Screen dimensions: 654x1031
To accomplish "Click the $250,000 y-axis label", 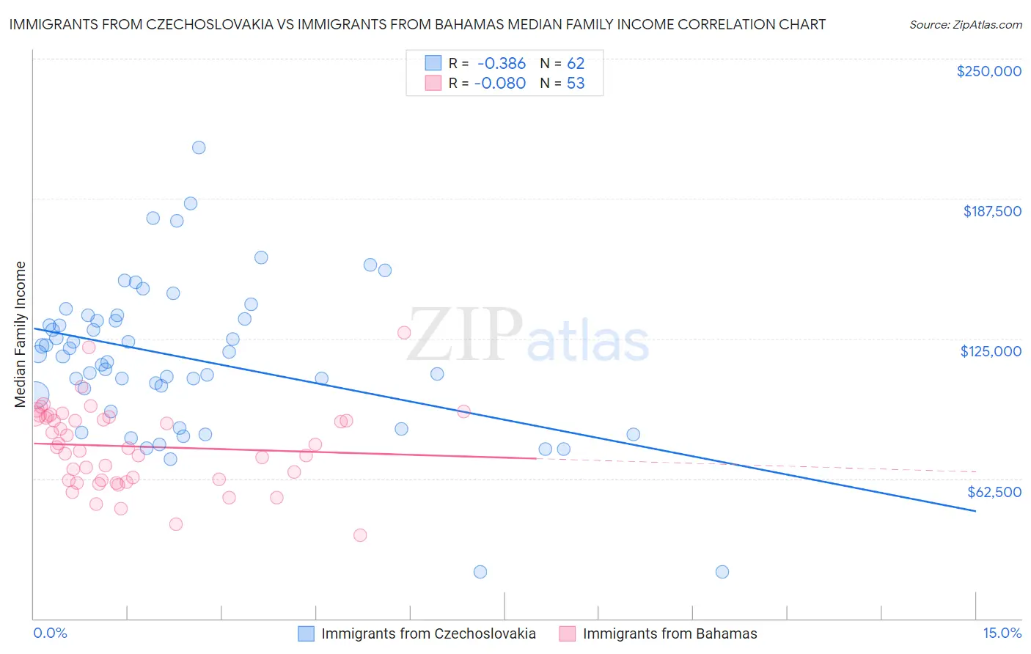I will click(988, 71).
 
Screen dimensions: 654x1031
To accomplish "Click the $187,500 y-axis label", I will click(991, 211).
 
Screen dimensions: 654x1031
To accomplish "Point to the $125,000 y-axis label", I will click(991, 351).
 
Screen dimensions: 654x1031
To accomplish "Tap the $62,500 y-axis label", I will click(994, 492).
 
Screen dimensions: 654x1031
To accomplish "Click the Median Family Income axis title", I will click(20, 334).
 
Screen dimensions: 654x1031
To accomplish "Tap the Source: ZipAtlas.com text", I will click(965, 25).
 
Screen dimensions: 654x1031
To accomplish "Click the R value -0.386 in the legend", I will click(500, 64).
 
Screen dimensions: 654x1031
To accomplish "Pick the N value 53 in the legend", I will click(576, 84).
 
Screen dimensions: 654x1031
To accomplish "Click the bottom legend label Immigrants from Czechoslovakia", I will click(428, 634).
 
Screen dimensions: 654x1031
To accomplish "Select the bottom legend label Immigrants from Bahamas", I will click(669, 634).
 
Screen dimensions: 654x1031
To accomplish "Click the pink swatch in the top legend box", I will click(433, 84).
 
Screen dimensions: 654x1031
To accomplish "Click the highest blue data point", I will click(199, 147).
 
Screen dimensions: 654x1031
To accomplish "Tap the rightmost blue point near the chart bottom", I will click(722, 572).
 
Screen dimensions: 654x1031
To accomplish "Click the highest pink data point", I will click(404, 333).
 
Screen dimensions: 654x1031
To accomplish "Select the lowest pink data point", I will click(360, 535).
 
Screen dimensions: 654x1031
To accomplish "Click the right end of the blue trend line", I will click(975, 510).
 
